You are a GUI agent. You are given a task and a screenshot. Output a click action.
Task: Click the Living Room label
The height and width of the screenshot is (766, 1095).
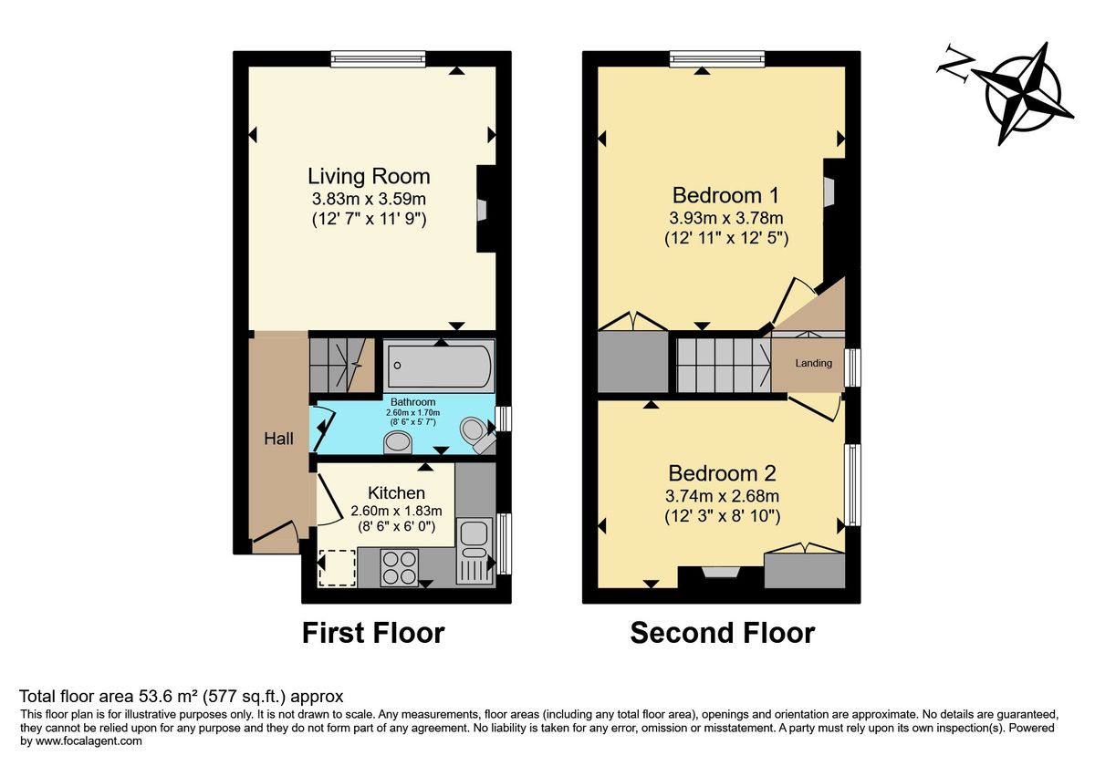(x=369, y=176)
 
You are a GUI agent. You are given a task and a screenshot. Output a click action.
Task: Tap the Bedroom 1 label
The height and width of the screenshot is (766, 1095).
(x=725, y=195)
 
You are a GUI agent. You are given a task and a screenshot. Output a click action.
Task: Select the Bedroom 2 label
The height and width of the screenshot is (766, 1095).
(x=722, y=473)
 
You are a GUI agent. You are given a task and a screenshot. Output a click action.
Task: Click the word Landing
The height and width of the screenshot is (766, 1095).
(x=813, y=363)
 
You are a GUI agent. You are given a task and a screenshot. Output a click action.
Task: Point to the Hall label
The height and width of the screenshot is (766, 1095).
(x=278, y=439)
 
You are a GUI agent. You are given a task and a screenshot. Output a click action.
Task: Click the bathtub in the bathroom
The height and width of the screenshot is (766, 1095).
(x=440, y=367)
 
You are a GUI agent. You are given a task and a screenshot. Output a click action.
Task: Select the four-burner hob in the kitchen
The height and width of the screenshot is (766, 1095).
(x=400, y=567)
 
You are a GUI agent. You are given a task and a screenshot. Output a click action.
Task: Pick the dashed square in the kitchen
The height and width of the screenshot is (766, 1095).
(x=337, y=567)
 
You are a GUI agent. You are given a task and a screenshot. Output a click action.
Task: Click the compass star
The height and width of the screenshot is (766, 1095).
(x=1023, y=93)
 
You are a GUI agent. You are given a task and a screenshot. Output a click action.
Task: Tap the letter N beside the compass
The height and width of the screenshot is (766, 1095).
(x=954, y=64)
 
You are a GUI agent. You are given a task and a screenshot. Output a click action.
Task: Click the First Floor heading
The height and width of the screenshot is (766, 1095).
(x=373, y=633)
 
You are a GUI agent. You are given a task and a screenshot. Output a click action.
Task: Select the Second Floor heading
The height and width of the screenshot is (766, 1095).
(x=723, y=633)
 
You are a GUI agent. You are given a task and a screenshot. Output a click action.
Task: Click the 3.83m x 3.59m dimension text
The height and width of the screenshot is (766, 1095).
(x=369, y=199)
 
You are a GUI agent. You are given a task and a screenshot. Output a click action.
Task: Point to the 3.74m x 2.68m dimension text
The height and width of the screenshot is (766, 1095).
(x=722, y=496)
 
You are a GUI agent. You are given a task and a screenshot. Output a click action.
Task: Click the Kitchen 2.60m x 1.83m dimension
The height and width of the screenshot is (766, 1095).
(x=396, y=511)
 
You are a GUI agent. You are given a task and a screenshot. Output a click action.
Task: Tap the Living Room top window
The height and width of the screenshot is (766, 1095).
(x=378, y=59)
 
